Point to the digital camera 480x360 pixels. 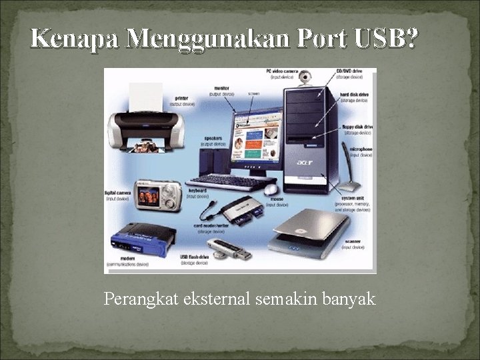157,195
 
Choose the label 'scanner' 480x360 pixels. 354,241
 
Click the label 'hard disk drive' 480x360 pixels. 355,95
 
